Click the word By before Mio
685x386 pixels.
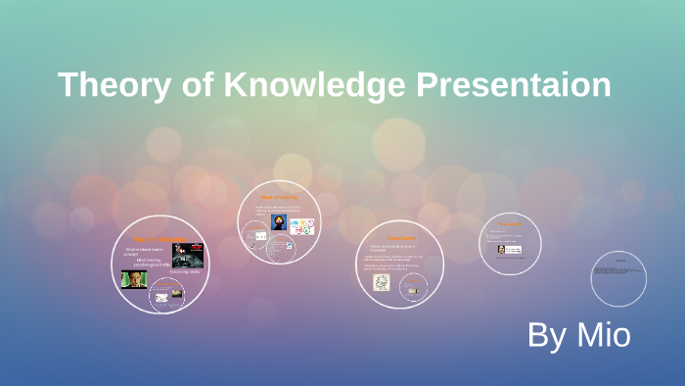click(544, 335)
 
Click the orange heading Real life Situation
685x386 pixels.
click(158, 239)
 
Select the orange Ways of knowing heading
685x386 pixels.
click(278, 198)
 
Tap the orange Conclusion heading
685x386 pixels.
click(400, 238)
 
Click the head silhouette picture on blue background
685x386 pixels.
click(278, 223)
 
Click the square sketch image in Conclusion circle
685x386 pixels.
click(381, 283)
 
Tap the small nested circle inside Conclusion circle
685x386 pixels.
click(414, 285)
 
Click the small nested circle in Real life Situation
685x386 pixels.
click(166, 294)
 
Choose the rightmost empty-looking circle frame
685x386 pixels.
click(618, 276)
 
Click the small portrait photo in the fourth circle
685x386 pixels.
click(501, 249)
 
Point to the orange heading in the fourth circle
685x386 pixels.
click(510, 223)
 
